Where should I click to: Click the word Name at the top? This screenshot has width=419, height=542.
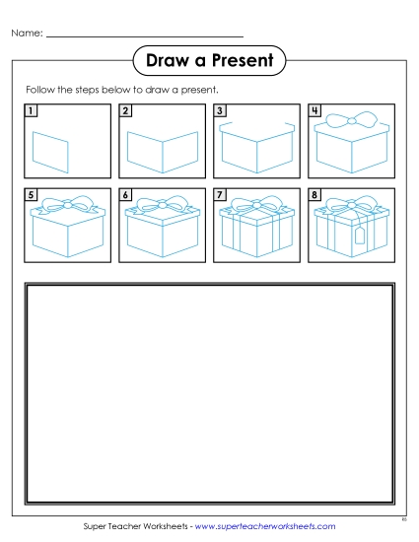point(27,34)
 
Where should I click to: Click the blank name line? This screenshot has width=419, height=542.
point(145,36)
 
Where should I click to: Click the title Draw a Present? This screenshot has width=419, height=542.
point(209,62)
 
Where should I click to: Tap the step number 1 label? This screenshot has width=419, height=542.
point(32,111)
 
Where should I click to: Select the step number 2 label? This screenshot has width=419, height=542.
point(125,111)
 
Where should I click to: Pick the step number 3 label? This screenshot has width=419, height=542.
point(220,111)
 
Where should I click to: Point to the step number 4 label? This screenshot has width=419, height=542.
point(314,111)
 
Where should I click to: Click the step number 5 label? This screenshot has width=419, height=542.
point(32,196)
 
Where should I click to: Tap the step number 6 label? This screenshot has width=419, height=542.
point(125,196)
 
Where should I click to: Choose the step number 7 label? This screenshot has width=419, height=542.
point(220,196)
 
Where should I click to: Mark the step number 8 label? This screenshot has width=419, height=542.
point(314,196)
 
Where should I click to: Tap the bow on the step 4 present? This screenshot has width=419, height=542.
point(351,121)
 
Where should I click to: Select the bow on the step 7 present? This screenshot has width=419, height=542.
point(256,208)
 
